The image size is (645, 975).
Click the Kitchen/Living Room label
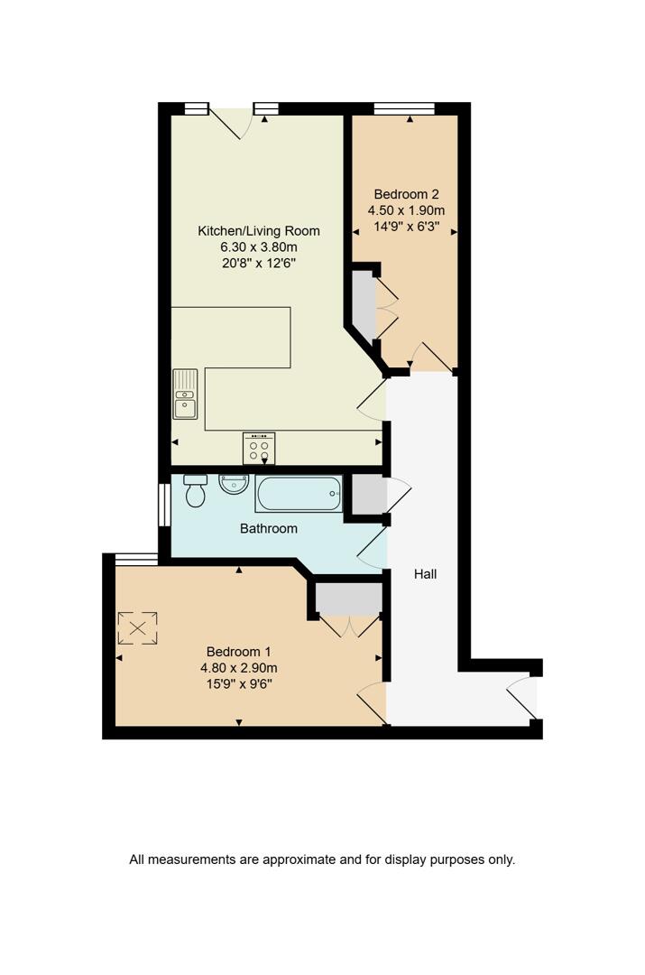pos(259,231)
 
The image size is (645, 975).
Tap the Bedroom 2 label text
pos(406,194)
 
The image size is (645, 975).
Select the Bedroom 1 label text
pos(238,652)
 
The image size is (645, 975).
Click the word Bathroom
pos(268,528)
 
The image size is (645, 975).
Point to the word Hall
pos(425,573)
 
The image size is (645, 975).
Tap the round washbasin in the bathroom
pos(233,485)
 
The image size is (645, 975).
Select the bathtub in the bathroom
pos(299,494)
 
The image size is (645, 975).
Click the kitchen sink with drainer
pos(185,395)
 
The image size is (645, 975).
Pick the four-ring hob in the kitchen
pos(259,449)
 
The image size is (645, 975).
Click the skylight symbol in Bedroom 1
pos(138,627)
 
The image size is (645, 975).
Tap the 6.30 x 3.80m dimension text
pos(259,247)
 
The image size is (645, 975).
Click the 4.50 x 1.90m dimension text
pos(406,210)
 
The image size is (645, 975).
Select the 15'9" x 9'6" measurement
pos(238,684)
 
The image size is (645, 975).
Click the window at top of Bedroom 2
pos(404,108)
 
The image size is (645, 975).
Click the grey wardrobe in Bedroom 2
pos(363,304)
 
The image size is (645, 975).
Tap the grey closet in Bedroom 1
pos(347,599)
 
